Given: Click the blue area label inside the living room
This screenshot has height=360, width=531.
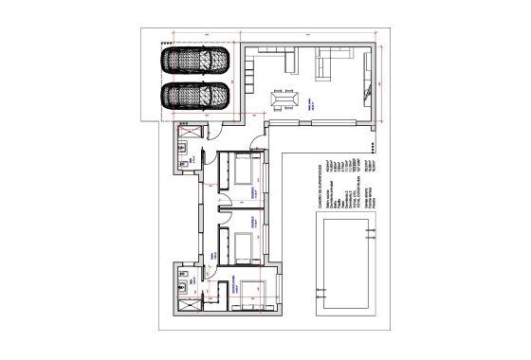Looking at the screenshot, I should (310, 108).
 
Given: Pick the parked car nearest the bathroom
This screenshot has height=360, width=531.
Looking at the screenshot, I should (195, 97).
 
